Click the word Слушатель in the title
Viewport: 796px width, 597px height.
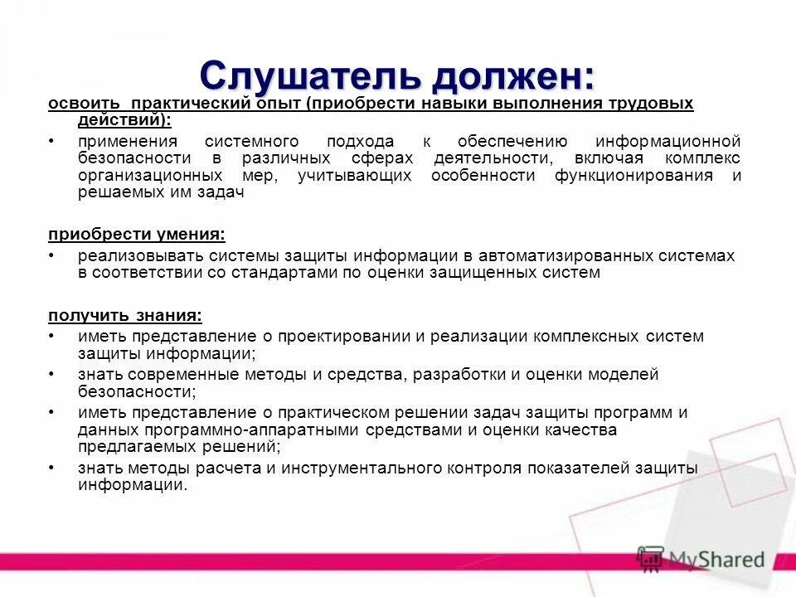[x=308, y=76]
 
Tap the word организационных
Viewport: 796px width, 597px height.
[x=150, y=176]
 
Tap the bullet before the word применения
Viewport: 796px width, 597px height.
[x=51, y=142]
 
